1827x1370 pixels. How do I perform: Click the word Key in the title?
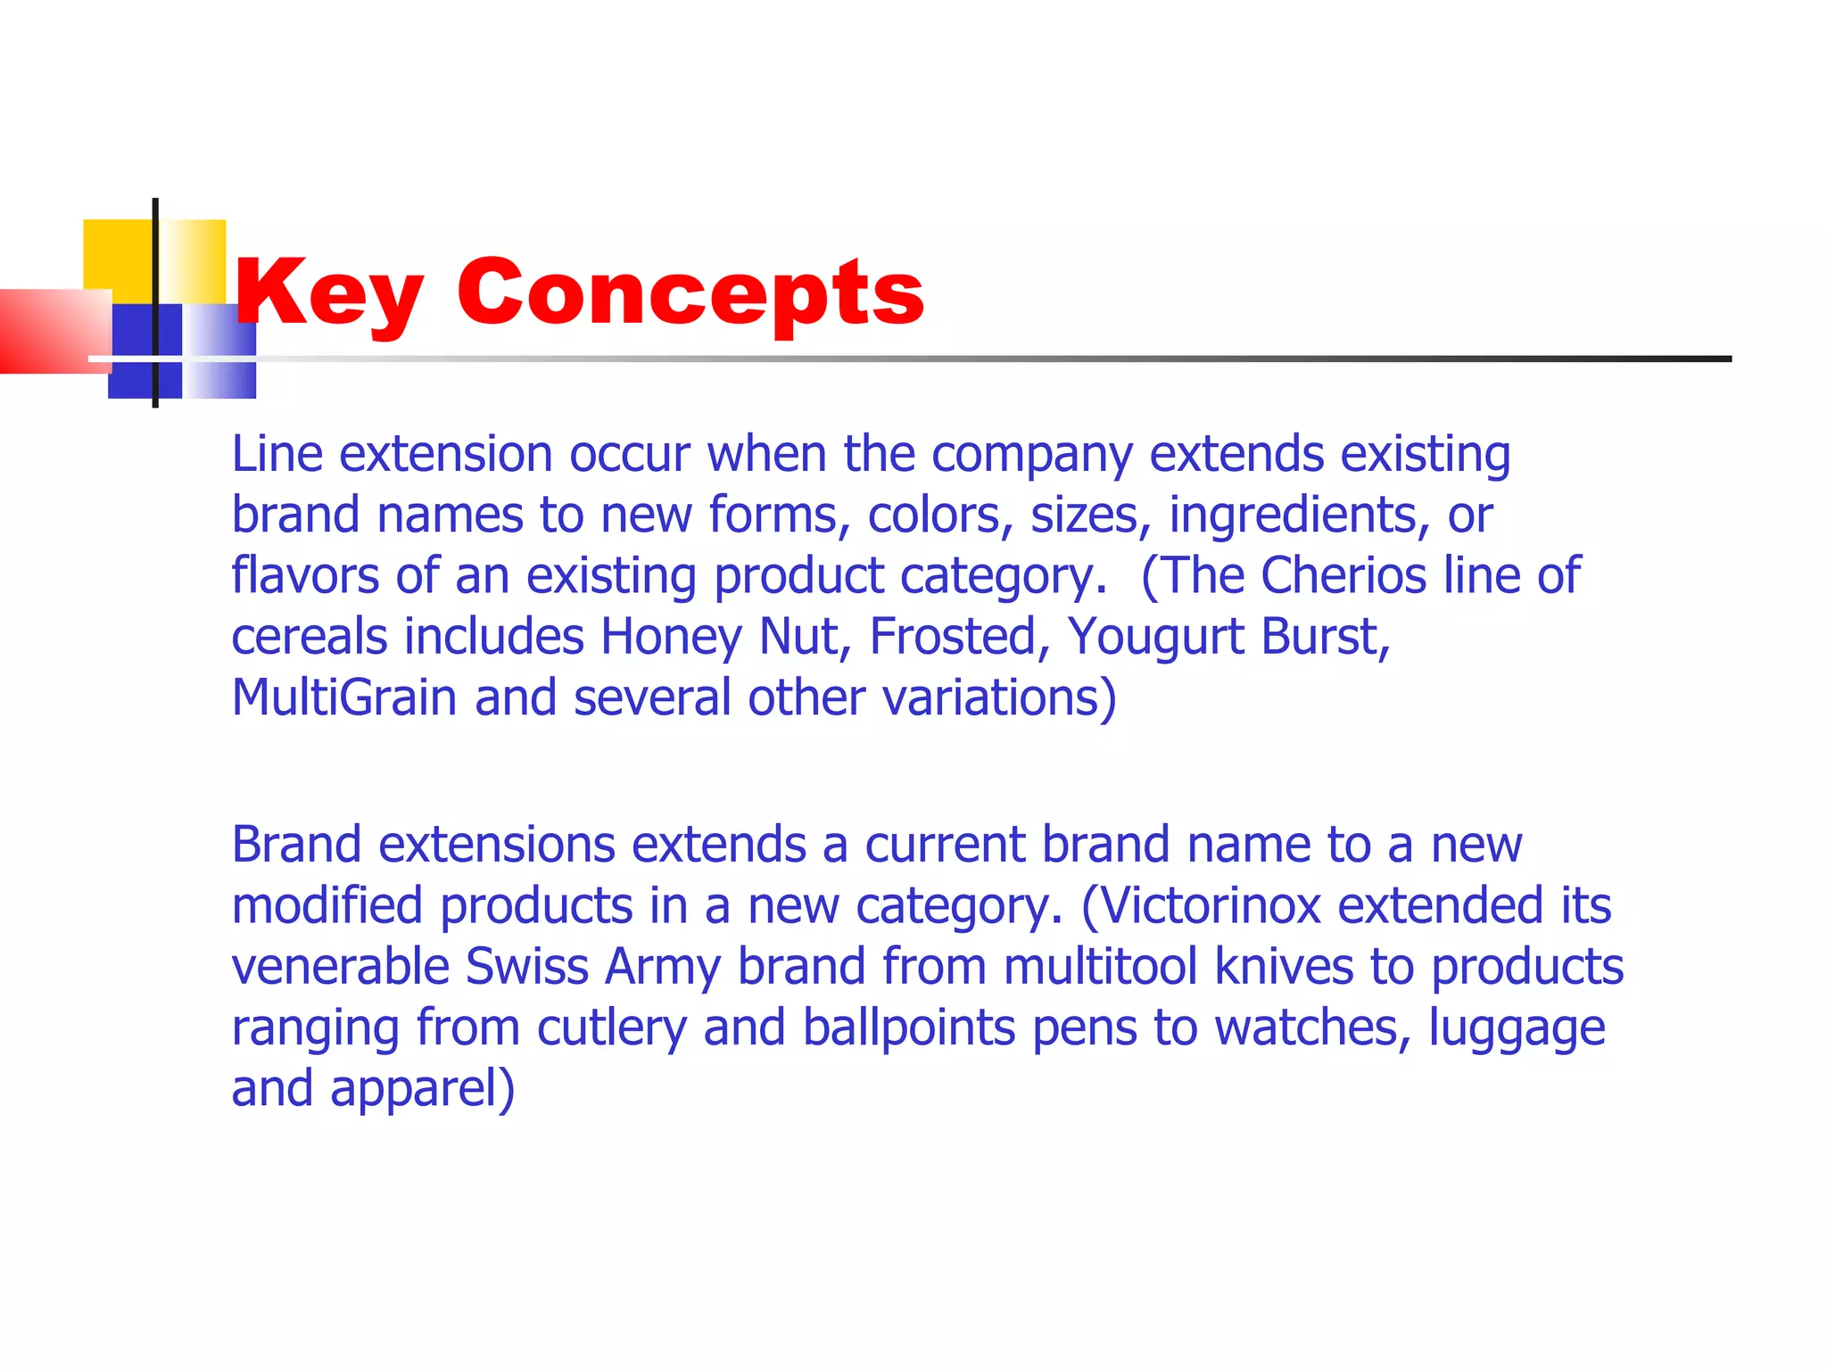[x=328, y=293]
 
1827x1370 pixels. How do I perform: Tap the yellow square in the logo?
[x=119, y=254]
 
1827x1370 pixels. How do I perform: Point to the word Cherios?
[x=1343, y=575]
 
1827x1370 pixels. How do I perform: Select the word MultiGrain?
[x=344, y=697]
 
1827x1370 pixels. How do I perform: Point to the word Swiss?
[x=526, y=966]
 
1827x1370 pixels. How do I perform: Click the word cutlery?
[x=611, y=1028]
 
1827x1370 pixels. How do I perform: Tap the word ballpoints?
[x=908, y=1028]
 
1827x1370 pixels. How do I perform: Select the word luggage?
[x=1517, y=1028]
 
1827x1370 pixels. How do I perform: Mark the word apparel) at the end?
[x=422, y=1089]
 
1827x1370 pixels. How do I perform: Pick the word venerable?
[x=340, y=966]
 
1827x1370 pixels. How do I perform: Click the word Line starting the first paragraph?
[x=277, y=454]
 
